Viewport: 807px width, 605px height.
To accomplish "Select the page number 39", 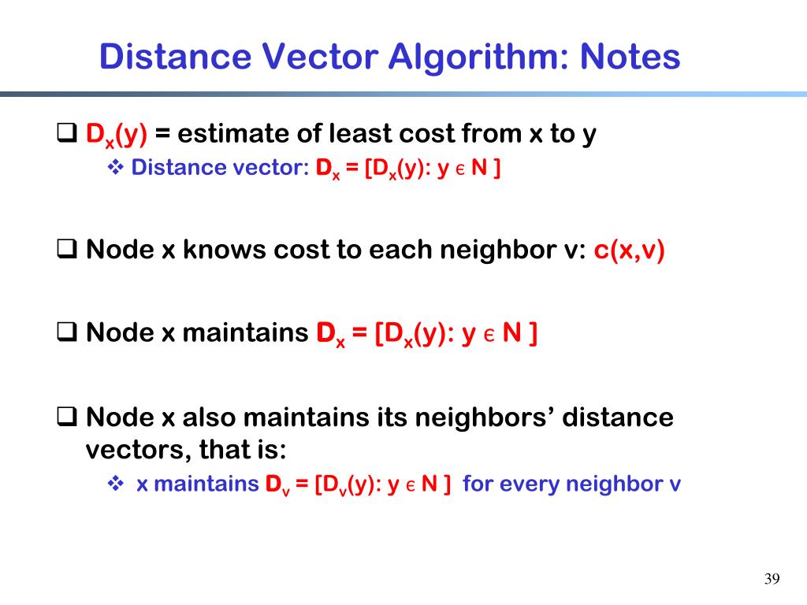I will [x=772, y=580].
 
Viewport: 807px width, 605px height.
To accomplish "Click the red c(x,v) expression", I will [x=629, y=250].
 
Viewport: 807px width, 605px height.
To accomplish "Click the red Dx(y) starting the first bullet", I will [x=117, y=135].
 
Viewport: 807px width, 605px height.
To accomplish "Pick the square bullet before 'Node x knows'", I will [x=67, y=251].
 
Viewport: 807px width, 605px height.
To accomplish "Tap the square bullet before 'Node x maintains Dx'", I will [x=67, y=333].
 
